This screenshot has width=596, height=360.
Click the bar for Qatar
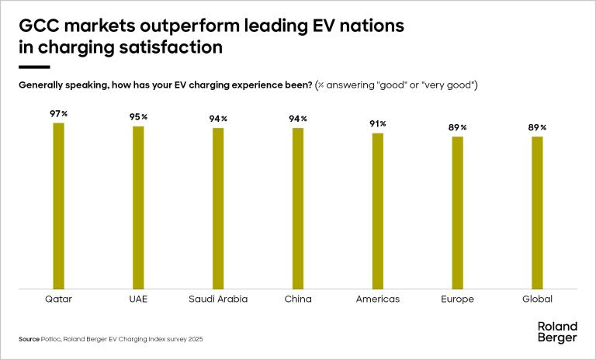coord(58,206)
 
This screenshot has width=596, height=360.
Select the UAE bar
coord(138,207)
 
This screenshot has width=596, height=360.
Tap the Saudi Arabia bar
coord(218,208)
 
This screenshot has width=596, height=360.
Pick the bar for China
coord(298,208)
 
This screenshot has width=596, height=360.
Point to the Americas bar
coord(378,211)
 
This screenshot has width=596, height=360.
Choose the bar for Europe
coord(458,213)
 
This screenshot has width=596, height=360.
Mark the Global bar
coord(537,213)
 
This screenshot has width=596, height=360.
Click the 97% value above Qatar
coord(59,113)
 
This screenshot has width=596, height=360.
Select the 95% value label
coord(139,116)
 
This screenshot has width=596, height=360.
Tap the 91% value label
coord(378,123)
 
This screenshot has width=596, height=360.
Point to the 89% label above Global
coord(538,127)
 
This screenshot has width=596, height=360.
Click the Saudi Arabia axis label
coord(218,299)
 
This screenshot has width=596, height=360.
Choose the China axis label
coord(298,299)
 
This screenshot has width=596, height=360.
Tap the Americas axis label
coord(378,299)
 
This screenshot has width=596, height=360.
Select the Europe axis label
coord(458,299)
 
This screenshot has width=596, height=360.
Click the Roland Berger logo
coord(557,331)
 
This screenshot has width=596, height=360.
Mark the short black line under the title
coord(33,67)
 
